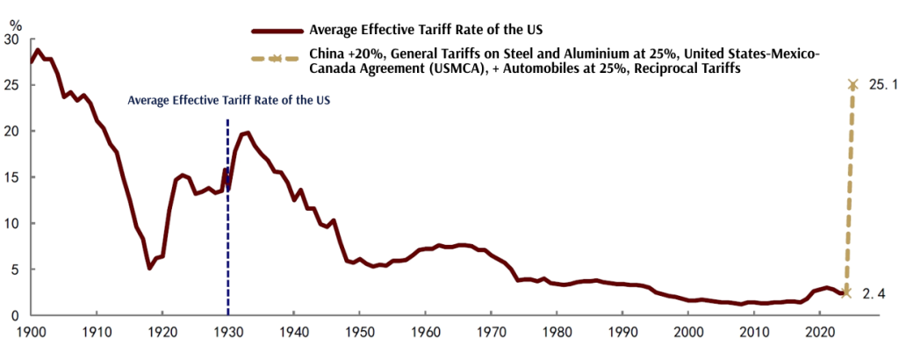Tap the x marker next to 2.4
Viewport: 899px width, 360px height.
[846, 292]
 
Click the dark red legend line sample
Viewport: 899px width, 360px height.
[276, 30]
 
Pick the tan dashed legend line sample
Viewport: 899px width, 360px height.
[276, 59]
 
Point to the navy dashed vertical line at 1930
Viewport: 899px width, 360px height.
[228, 220]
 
